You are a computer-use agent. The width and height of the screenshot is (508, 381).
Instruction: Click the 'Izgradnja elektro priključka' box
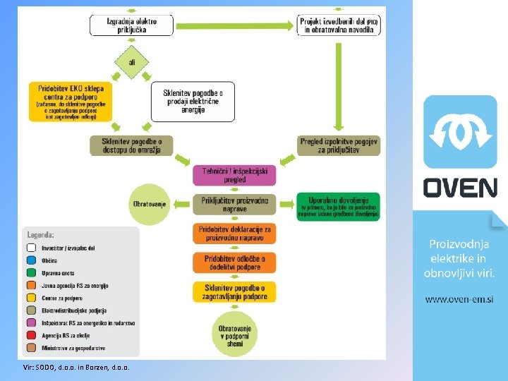point(131,25)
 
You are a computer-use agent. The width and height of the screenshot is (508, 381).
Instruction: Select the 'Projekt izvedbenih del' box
point(339,26)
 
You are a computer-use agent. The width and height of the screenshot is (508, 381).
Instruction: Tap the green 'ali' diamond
point(132,63)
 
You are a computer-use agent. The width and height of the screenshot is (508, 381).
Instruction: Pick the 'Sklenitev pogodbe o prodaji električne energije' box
point(193,102)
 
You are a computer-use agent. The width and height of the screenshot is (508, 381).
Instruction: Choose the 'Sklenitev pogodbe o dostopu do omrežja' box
point(131,145)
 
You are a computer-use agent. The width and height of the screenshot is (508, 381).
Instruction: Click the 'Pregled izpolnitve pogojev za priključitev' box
point(339,145)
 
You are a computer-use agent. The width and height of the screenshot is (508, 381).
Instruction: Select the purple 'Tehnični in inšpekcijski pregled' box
point(235,175)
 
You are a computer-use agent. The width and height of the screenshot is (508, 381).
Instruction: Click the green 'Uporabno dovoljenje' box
point(339,206)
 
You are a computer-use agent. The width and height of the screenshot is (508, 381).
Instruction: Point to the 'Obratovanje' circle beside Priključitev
point(149,204)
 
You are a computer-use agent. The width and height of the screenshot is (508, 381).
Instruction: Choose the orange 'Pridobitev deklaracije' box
point(235,234)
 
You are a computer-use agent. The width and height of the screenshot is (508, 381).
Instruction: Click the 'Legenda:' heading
point(41,235)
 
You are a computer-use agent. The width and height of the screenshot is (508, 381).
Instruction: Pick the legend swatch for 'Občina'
point(31,260)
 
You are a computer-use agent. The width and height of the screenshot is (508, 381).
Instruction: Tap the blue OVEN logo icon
point(460,133)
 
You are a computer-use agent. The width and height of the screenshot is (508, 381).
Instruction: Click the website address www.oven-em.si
point(459,299)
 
